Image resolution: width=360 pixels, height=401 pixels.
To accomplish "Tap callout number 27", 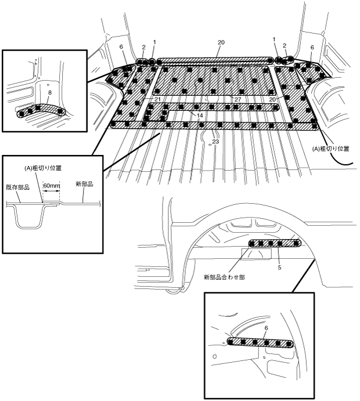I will point(237,100).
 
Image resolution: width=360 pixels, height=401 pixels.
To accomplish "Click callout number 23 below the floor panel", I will point(215,141).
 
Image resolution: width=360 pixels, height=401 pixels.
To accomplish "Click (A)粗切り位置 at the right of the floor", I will point(331,149).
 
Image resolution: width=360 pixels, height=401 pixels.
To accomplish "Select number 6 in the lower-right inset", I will point(265,328).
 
